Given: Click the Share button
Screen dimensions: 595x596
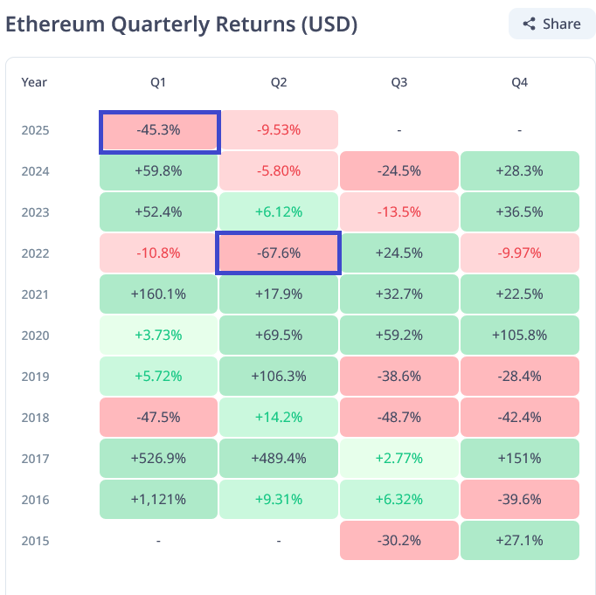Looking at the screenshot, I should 551,24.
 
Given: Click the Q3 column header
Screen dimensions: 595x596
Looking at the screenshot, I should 398,82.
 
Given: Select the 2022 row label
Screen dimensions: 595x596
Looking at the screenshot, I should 36,253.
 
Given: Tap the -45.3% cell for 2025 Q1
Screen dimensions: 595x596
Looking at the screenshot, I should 158,130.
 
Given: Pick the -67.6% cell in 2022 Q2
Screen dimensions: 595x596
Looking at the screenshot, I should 279,253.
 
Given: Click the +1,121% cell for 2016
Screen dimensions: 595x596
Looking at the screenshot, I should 158,500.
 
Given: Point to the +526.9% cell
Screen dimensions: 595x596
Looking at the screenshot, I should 158,459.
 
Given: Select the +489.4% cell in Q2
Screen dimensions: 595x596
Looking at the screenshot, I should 279,459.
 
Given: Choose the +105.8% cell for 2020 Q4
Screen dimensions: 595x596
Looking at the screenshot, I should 519,336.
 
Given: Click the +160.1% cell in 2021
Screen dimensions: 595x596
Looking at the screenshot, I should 158,294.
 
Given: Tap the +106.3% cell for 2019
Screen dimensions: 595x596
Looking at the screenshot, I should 279,377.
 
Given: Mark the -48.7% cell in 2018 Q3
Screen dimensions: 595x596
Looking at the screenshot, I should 398,418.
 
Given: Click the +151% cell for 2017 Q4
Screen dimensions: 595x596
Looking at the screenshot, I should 519,459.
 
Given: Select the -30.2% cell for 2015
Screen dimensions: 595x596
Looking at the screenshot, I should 398,541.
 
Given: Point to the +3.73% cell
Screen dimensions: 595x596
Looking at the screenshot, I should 158,336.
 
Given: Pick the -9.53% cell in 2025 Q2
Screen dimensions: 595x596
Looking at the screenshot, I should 279,130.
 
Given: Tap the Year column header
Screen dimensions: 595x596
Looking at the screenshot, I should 34,82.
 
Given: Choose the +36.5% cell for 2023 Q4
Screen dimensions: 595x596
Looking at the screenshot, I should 519,212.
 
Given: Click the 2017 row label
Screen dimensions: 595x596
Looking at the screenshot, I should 36,459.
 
